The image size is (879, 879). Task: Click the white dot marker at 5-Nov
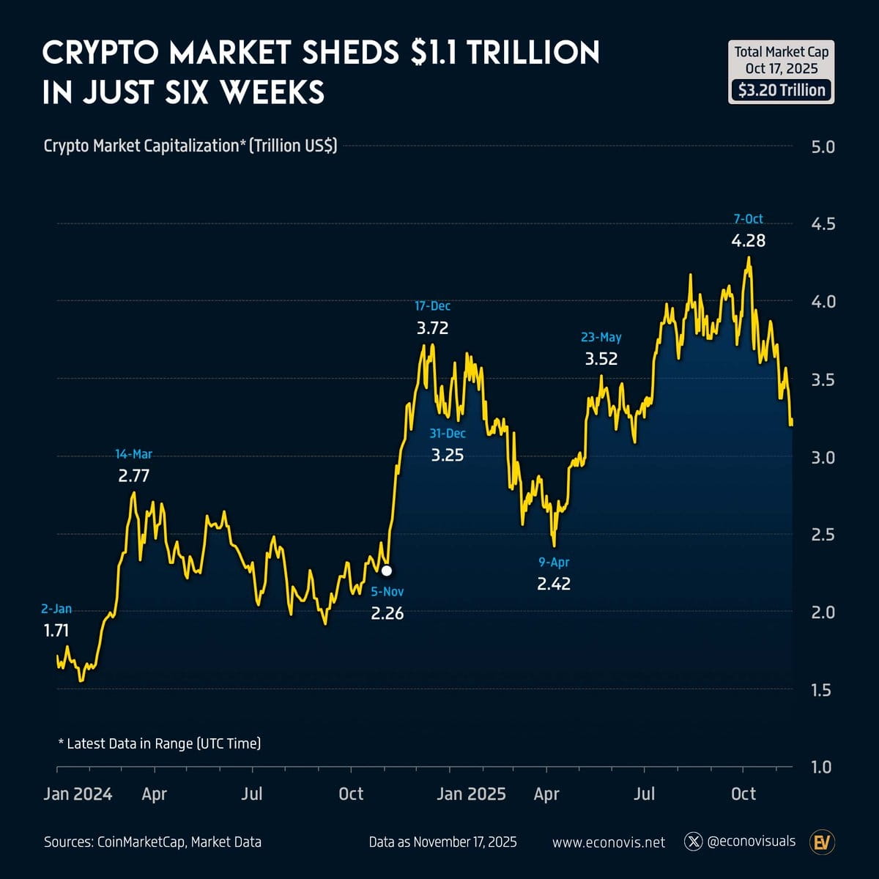click(387, 570)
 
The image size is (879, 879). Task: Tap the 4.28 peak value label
click(748, 240)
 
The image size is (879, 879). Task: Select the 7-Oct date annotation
click(748, 219)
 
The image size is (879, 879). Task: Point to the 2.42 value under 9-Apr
click(553, 584)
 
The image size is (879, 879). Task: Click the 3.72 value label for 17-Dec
click(432, 328)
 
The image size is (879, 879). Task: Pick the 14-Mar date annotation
click(133, 454)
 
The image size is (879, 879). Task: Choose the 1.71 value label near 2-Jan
click(56, 630)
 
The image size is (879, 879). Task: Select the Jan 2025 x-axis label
click(471, 794)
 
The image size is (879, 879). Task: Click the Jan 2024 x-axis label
click(78, 794)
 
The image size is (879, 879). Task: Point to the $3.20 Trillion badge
click(782, 90)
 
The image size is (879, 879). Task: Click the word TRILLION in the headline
click(533, 53)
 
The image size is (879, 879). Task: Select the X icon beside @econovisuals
click(693, 842)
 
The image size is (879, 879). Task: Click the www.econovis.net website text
click(609, 842)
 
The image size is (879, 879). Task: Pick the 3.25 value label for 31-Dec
click(447, 455)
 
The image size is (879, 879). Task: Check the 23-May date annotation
click(601, 337)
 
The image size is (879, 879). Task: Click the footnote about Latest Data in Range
click(159, 743)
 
